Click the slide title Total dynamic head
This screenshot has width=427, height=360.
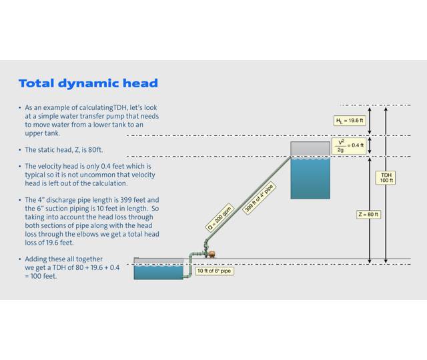click(88, 83)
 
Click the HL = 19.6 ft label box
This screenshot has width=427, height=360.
click(350, 121)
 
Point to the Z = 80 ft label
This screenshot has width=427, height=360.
click(368, 214)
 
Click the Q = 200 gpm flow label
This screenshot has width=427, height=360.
click(220, 217)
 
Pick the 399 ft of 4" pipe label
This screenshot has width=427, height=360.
click(260, 197)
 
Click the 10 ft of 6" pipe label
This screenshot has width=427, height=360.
click(214, 271)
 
